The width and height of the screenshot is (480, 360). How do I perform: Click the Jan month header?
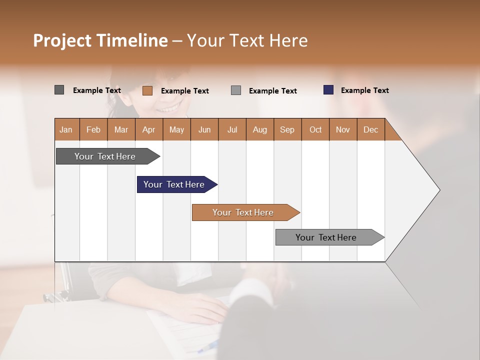(66, 129)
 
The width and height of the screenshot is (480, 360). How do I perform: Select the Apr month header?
(149, 129)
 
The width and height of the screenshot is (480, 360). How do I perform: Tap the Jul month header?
(232, 129)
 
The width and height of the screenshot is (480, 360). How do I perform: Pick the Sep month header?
(287, 129)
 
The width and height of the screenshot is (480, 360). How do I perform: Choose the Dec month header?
(371, 129)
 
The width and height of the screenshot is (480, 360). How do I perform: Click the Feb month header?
(93, 129)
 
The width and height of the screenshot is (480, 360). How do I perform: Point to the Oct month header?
(315, 129)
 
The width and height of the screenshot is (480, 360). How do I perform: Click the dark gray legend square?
(59, 90)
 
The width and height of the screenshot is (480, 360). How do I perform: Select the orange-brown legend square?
(147, 90)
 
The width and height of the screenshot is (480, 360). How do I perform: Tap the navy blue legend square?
(328, 90)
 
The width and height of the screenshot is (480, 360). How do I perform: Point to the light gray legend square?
(236, 90)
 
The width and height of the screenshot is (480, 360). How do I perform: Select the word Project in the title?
(62, 40)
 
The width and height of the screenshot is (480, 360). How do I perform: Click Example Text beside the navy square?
(364, 90)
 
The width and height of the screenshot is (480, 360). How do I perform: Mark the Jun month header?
(204, 129)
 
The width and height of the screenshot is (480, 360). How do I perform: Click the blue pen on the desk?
(209, 345)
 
